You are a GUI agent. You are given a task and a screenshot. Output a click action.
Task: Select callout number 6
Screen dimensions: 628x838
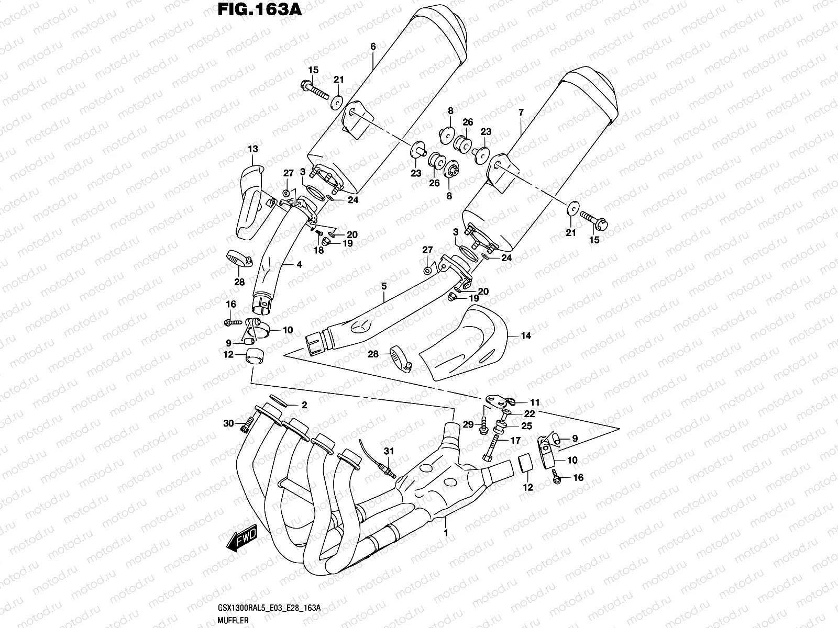[373, 47]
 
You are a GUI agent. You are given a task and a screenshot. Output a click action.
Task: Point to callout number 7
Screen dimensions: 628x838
[521, 113]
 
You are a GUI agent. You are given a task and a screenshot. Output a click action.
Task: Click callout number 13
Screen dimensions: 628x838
[252, 149]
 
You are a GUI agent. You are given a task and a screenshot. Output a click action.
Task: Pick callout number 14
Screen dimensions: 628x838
[526, 335]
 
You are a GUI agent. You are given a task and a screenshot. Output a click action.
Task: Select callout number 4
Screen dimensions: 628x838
[299, 265]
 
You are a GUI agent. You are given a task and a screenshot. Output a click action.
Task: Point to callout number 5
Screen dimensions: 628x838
[384, 286]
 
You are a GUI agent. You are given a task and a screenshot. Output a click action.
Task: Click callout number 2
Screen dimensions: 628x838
[303, 405]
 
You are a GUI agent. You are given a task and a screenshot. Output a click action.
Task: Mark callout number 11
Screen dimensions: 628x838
[534, 402]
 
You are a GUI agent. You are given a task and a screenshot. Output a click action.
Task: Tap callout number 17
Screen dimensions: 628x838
[515, 441]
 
